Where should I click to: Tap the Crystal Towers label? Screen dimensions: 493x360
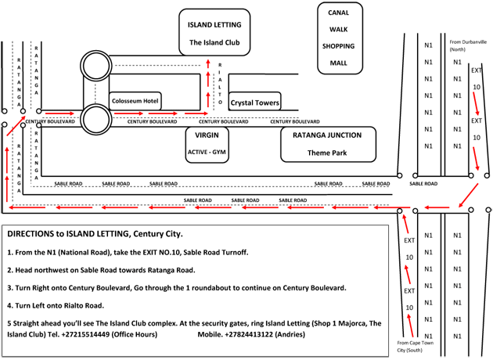click(254, 103)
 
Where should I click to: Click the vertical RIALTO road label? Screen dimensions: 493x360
click(220, 84)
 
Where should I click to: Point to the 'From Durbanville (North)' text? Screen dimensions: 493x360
click(468, 45)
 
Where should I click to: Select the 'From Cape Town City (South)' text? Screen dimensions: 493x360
click(415, 347)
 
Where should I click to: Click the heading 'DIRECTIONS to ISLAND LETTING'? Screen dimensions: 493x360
click(68, 234)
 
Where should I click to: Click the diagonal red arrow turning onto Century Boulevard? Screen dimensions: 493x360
click(16, 126)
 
